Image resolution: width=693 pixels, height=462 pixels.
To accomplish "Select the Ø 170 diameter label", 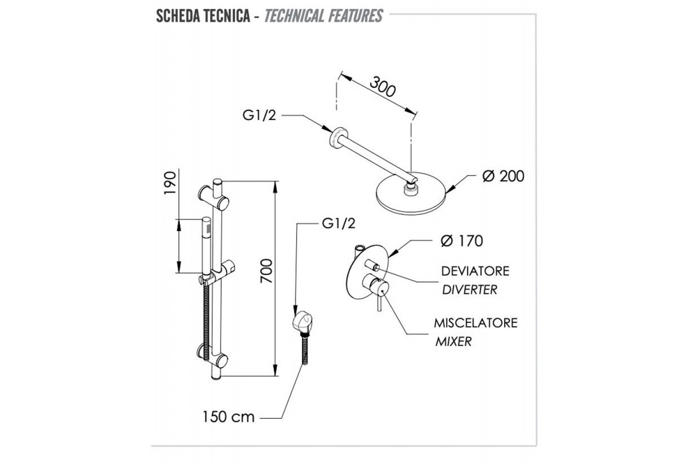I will coord(461,240).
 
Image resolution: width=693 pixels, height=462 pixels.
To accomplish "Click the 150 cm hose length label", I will coord(228,417).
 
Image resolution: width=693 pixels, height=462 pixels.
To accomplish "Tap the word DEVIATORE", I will coord(475,271).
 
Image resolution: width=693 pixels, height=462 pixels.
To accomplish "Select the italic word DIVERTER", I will coord(470,290).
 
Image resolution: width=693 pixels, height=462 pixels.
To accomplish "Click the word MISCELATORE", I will coord(476,323).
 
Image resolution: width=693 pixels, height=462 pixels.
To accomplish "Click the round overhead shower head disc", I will coord(412,195).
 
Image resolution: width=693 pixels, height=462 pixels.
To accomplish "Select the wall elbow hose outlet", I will coord(298,321).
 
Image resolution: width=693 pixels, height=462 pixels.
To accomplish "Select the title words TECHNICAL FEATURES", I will coord(323,16).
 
